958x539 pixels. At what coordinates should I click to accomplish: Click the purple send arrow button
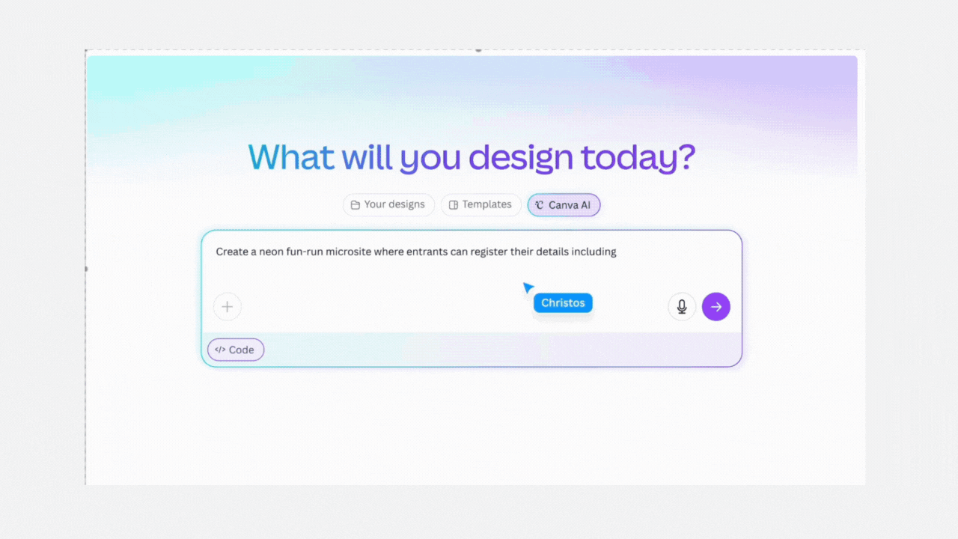[716, 307]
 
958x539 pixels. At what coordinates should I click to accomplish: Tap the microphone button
[682, 307]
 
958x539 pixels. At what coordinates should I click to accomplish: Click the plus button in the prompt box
[228, 307]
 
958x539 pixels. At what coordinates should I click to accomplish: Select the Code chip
[236, 350]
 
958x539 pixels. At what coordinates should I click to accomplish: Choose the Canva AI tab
[564, 205]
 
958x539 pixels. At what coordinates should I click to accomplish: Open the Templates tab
[480, 205]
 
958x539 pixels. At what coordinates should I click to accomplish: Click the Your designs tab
[388, 205]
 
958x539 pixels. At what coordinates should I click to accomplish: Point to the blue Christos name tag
[563, 303]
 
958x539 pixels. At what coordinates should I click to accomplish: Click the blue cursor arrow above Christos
[528, 287]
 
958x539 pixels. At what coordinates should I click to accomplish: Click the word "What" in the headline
[291, 157]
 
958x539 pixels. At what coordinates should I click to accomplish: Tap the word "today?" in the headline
[638, 157]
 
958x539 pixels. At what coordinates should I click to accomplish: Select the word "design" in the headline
[521, 158]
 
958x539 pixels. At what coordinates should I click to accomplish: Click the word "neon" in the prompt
[271, 252]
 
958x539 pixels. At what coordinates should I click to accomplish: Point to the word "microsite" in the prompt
[349, 252]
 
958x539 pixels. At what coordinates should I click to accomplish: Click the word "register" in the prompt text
[489, 252]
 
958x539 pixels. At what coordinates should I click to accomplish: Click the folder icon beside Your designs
[355, 205]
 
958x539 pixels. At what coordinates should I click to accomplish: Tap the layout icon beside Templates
[454, 205]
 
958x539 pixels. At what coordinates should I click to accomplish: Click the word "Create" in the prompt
[231, 252]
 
